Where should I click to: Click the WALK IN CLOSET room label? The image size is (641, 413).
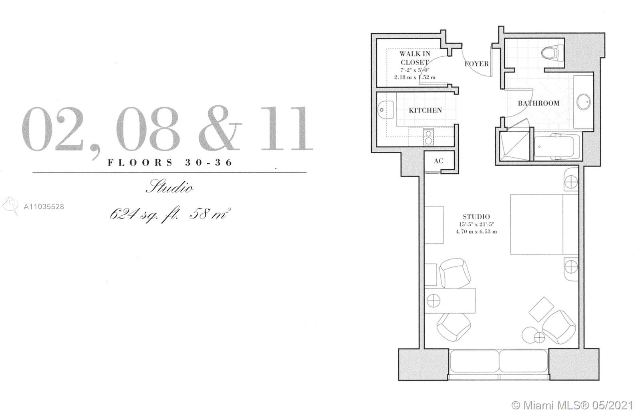pyautogui.click(x=415, y=58)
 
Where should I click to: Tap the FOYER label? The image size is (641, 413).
pyautogui.click(x=476, y=64)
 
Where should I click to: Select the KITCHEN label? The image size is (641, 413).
pyautogui.click(x=425, y=110)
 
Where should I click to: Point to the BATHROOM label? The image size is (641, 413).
pyautogui.click(x=538, y=103)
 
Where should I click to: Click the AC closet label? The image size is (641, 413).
pyautogui.click(x=438, y=161)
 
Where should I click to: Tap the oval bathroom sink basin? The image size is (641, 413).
pyautogui.click(x=583, y=102)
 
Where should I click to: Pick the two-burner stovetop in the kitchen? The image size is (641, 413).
pyautogui.click(x=428, y=138)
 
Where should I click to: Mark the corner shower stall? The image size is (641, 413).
pyautogui.click(x=514, y=146)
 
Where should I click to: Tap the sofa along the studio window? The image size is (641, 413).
pyautogui.click(x=499, y=361)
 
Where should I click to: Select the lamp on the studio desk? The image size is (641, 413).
pyautogui.click(x=433, y=301)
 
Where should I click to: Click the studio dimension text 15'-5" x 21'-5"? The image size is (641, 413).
pyautogui.click(x=476, y=225)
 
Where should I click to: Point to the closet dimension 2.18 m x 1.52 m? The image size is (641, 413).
pyautogui.click(x=415, y=78)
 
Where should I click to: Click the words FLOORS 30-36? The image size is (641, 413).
pyautogui.click(x=170, y=162)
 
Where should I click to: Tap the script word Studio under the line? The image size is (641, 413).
pyautogui.click(x=170, y=187)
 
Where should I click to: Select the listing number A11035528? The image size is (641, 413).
pyautogui.click(x=44, y=206)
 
